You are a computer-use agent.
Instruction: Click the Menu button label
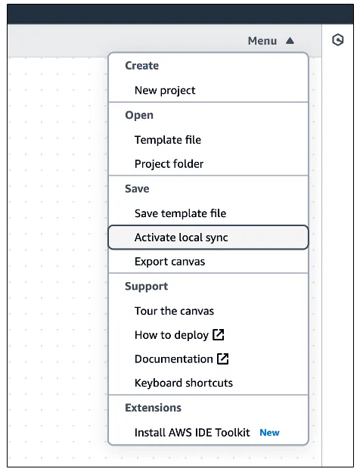pos(262,41)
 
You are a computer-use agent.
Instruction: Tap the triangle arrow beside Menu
pos(290,40)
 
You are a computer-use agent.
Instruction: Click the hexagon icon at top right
pos(338,40)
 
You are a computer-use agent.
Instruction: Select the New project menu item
pos(165,90)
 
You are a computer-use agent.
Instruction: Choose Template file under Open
pos(168,140)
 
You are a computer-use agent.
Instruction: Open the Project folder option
pos(169,163)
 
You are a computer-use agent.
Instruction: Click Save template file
pos(180,213)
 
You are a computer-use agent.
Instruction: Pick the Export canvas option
pos(169,261)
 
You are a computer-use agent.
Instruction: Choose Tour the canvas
pos(174,311)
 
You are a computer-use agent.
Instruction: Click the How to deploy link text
pos(172,335)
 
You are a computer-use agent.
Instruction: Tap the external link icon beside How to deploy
pos(219,334)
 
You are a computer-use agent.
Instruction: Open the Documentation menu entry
pos(174,359)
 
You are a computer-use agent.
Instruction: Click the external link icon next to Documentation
pos(223,359)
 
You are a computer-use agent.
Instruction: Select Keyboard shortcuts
pos(184,383)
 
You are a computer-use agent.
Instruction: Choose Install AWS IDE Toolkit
pos(192,432)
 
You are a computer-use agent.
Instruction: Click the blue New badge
pos(269,433)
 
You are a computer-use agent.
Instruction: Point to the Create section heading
pos(141,65)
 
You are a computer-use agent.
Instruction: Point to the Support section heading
pos(146,286)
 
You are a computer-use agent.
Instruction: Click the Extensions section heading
pos(154,408)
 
